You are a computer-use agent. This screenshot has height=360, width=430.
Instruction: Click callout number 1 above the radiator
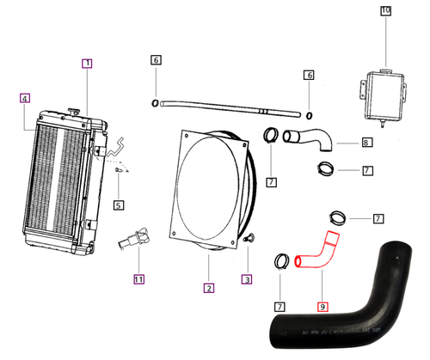pyautogui.click(x=87, y=64)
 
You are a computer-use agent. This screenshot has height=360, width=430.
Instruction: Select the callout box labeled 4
pyautogui.click(x=25, y=99)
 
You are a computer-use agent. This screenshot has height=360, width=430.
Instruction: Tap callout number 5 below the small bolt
pyautogui.click(x=119, y=204)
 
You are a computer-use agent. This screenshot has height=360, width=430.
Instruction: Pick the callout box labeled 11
pyautogui.click(x=138, y=278)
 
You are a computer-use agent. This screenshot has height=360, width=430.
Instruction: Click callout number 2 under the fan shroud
pyautogui.click(x=207, y=287)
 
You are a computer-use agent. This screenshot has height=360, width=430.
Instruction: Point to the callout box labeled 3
pyautogui.click(x=247, y=278)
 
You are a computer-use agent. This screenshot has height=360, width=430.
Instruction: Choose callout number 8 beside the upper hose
pyautogui.click(x=366, y=143)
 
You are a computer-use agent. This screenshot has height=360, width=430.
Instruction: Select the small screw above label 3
pyautogui.click(x=248, y=238)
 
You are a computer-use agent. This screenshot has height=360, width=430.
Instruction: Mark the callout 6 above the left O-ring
pyautogui.click(x=156, y=60)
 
